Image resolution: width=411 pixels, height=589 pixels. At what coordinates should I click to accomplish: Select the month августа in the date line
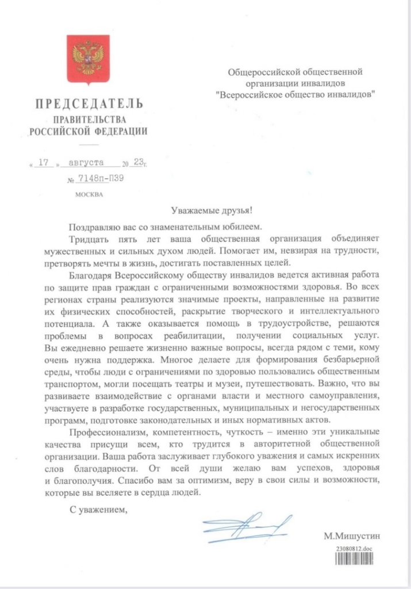click(87, 163)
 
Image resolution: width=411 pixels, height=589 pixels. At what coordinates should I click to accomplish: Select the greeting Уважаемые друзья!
click(205, 211)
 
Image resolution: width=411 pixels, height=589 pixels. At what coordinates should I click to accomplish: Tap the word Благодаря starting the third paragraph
click(89, 276)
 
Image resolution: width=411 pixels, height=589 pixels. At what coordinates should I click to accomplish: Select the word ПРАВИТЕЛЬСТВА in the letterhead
click(89, 119)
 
